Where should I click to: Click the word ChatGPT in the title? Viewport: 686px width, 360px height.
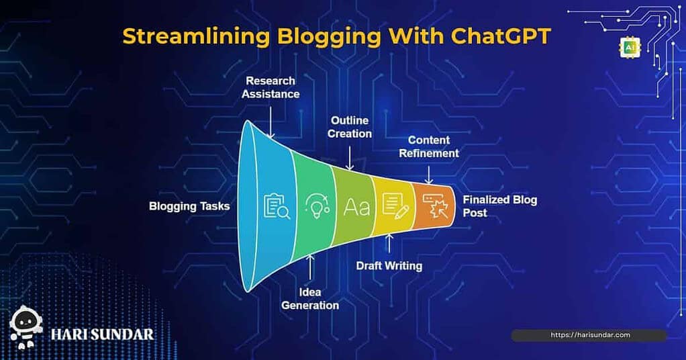(x=501, y=36)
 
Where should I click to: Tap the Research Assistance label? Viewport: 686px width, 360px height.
(x=271, y=87)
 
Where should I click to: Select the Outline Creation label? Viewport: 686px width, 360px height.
(x=350, y=127)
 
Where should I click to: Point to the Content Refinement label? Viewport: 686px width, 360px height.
(x=429, y=146)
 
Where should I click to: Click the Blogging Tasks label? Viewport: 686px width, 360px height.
(x=189, y=206)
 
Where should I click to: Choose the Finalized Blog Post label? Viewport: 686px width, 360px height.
(x=499, y=206)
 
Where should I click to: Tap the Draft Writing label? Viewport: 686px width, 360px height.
(x=389, y=266)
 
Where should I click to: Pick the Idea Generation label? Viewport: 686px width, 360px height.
(x=310, y=299)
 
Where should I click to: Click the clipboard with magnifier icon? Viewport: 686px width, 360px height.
(x=277, y=206)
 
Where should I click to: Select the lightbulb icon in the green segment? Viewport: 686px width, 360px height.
(x=317, y=206)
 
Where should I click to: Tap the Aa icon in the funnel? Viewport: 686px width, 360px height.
(x=356, y=207)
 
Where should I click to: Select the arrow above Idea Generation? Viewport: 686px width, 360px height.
(x=310, y=267)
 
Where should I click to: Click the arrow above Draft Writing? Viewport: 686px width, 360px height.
(x=389, y=244)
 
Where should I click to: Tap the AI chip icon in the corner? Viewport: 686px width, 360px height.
(x=630, y=48)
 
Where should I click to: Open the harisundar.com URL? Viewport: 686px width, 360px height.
(x=590, y=335)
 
